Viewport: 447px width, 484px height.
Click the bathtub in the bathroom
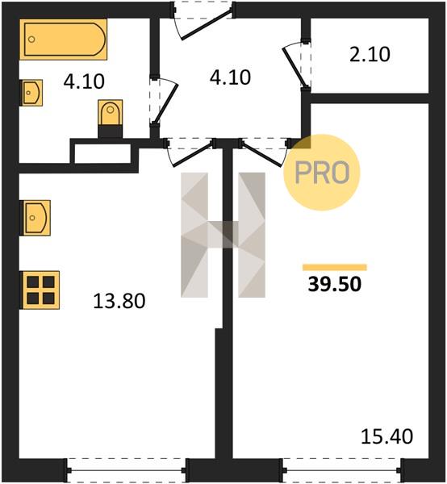pyautogui.click(x=63, y=40)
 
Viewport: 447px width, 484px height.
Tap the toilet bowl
pyautogui.click(x=110, y=113)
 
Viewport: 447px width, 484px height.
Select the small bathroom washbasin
pyautogui.click(x=31, y=93)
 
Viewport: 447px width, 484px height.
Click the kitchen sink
pyautogui.click(x=35, y=218)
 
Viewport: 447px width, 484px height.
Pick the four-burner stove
pyautogui.click(x=40, y=290)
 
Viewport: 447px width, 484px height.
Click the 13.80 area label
pyautogui.click(x=119, y=301)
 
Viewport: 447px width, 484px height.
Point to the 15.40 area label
pyautogui.click(x=386, y=436)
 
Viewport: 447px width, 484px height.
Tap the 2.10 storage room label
pyautogui.click(x=370, y=54)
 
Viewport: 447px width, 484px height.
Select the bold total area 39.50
pyautogui.click(x=335, y=284)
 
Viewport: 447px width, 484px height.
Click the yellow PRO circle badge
pyautogui.click(x=322, y=173)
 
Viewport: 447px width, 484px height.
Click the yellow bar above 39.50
pyautogui.click(x=335, y=267)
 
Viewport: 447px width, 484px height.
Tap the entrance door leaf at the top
pyautogui.click(x=207, y=24)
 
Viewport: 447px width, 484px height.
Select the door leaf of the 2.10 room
pyautogui.click(x=295, y=66)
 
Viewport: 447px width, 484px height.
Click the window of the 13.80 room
pyautogui.click(x=127, y=470)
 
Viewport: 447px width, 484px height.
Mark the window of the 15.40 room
pyautogui.click(x=342, y=470)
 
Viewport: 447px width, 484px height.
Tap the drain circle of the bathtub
pyautogui.click(x=31, y=40)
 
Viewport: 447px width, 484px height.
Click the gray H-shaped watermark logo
pyautogui.click(x=223, y=235)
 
